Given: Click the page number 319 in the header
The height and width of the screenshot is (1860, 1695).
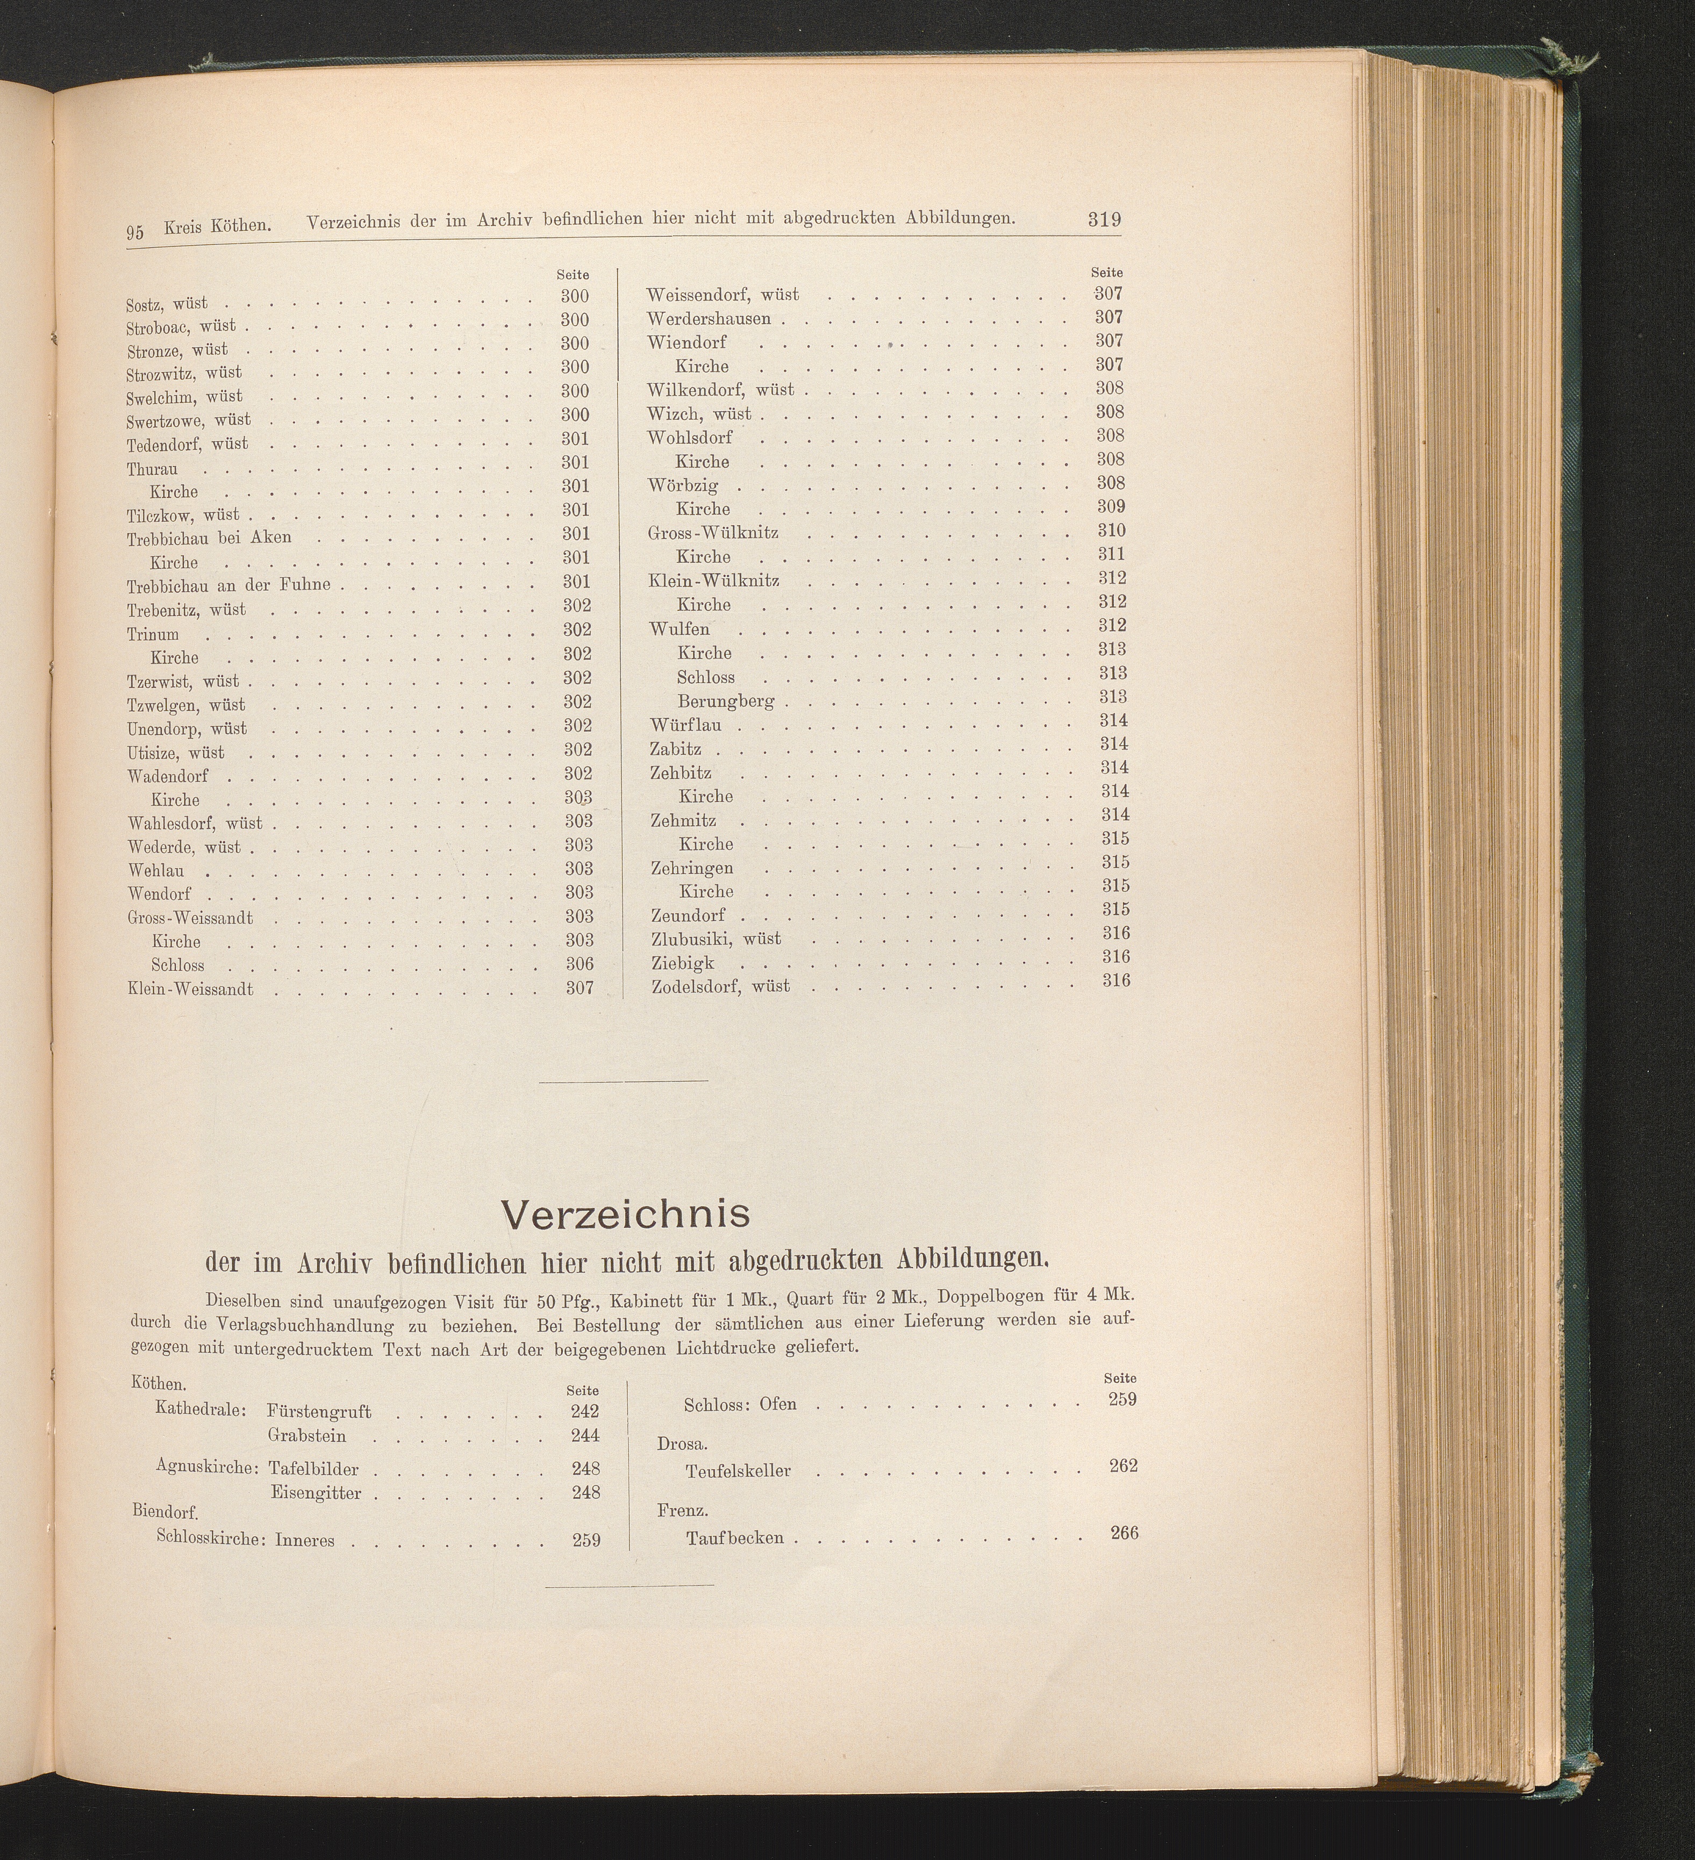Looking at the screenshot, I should [1104, 219].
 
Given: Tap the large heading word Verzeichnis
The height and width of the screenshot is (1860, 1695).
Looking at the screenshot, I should [625, 1214].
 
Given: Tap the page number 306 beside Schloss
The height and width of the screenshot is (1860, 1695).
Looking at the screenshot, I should [578, 964].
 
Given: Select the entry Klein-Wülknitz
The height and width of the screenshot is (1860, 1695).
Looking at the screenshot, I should [714, 581].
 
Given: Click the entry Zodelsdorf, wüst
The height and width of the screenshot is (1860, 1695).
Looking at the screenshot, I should [720, 986].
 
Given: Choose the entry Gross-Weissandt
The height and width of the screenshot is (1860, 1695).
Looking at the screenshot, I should [190, 918].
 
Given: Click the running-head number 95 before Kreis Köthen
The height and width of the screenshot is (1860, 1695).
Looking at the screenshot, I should [135, 232].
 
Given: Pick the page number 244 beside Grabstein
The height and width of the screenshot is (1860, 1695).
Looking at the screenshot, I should [585, 1435].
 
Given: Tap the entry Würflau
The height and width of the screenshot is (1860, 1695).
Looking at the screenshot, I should [685, 725].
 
